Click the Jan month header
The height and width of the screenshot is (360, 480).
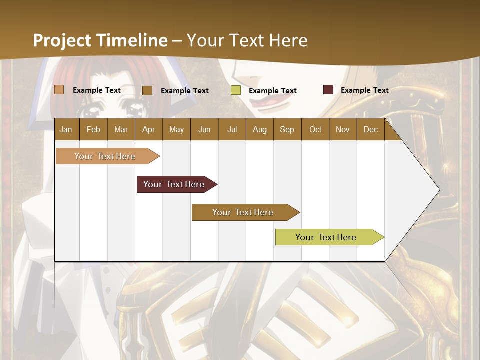(66, 129)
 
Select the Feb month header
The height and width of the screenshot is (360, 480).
(93, 129)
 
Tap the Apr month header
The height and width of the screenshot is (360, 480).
(148, 129)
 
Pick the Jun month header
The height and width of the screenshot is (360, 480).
(204, 129)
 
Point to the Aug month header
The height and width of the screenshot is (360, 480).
(259, 129)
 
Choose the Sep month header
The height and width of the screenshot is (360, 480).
(287, 129)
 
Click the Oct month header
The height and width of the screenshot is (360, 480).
(315, 129)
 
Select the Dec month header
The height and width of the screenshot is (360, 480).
(370, 129)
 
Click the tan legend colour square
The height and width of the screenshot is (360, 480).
(59, 90)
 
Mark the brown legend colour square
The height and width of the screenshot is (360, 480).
(147, 90)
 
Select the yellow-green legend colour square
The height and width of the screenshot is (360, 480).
(236, 90)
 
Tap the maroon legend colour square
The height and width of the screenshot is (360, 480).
(328, 90)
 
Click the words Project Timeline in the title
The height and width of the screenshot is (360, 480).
(100, 40)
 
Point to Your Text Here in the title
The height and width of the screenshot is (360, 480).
(247, 40)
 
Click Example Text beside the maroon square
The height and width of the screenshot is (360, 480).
(364, 90)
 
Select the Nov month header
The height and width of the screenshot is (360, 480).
(343, 129)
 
